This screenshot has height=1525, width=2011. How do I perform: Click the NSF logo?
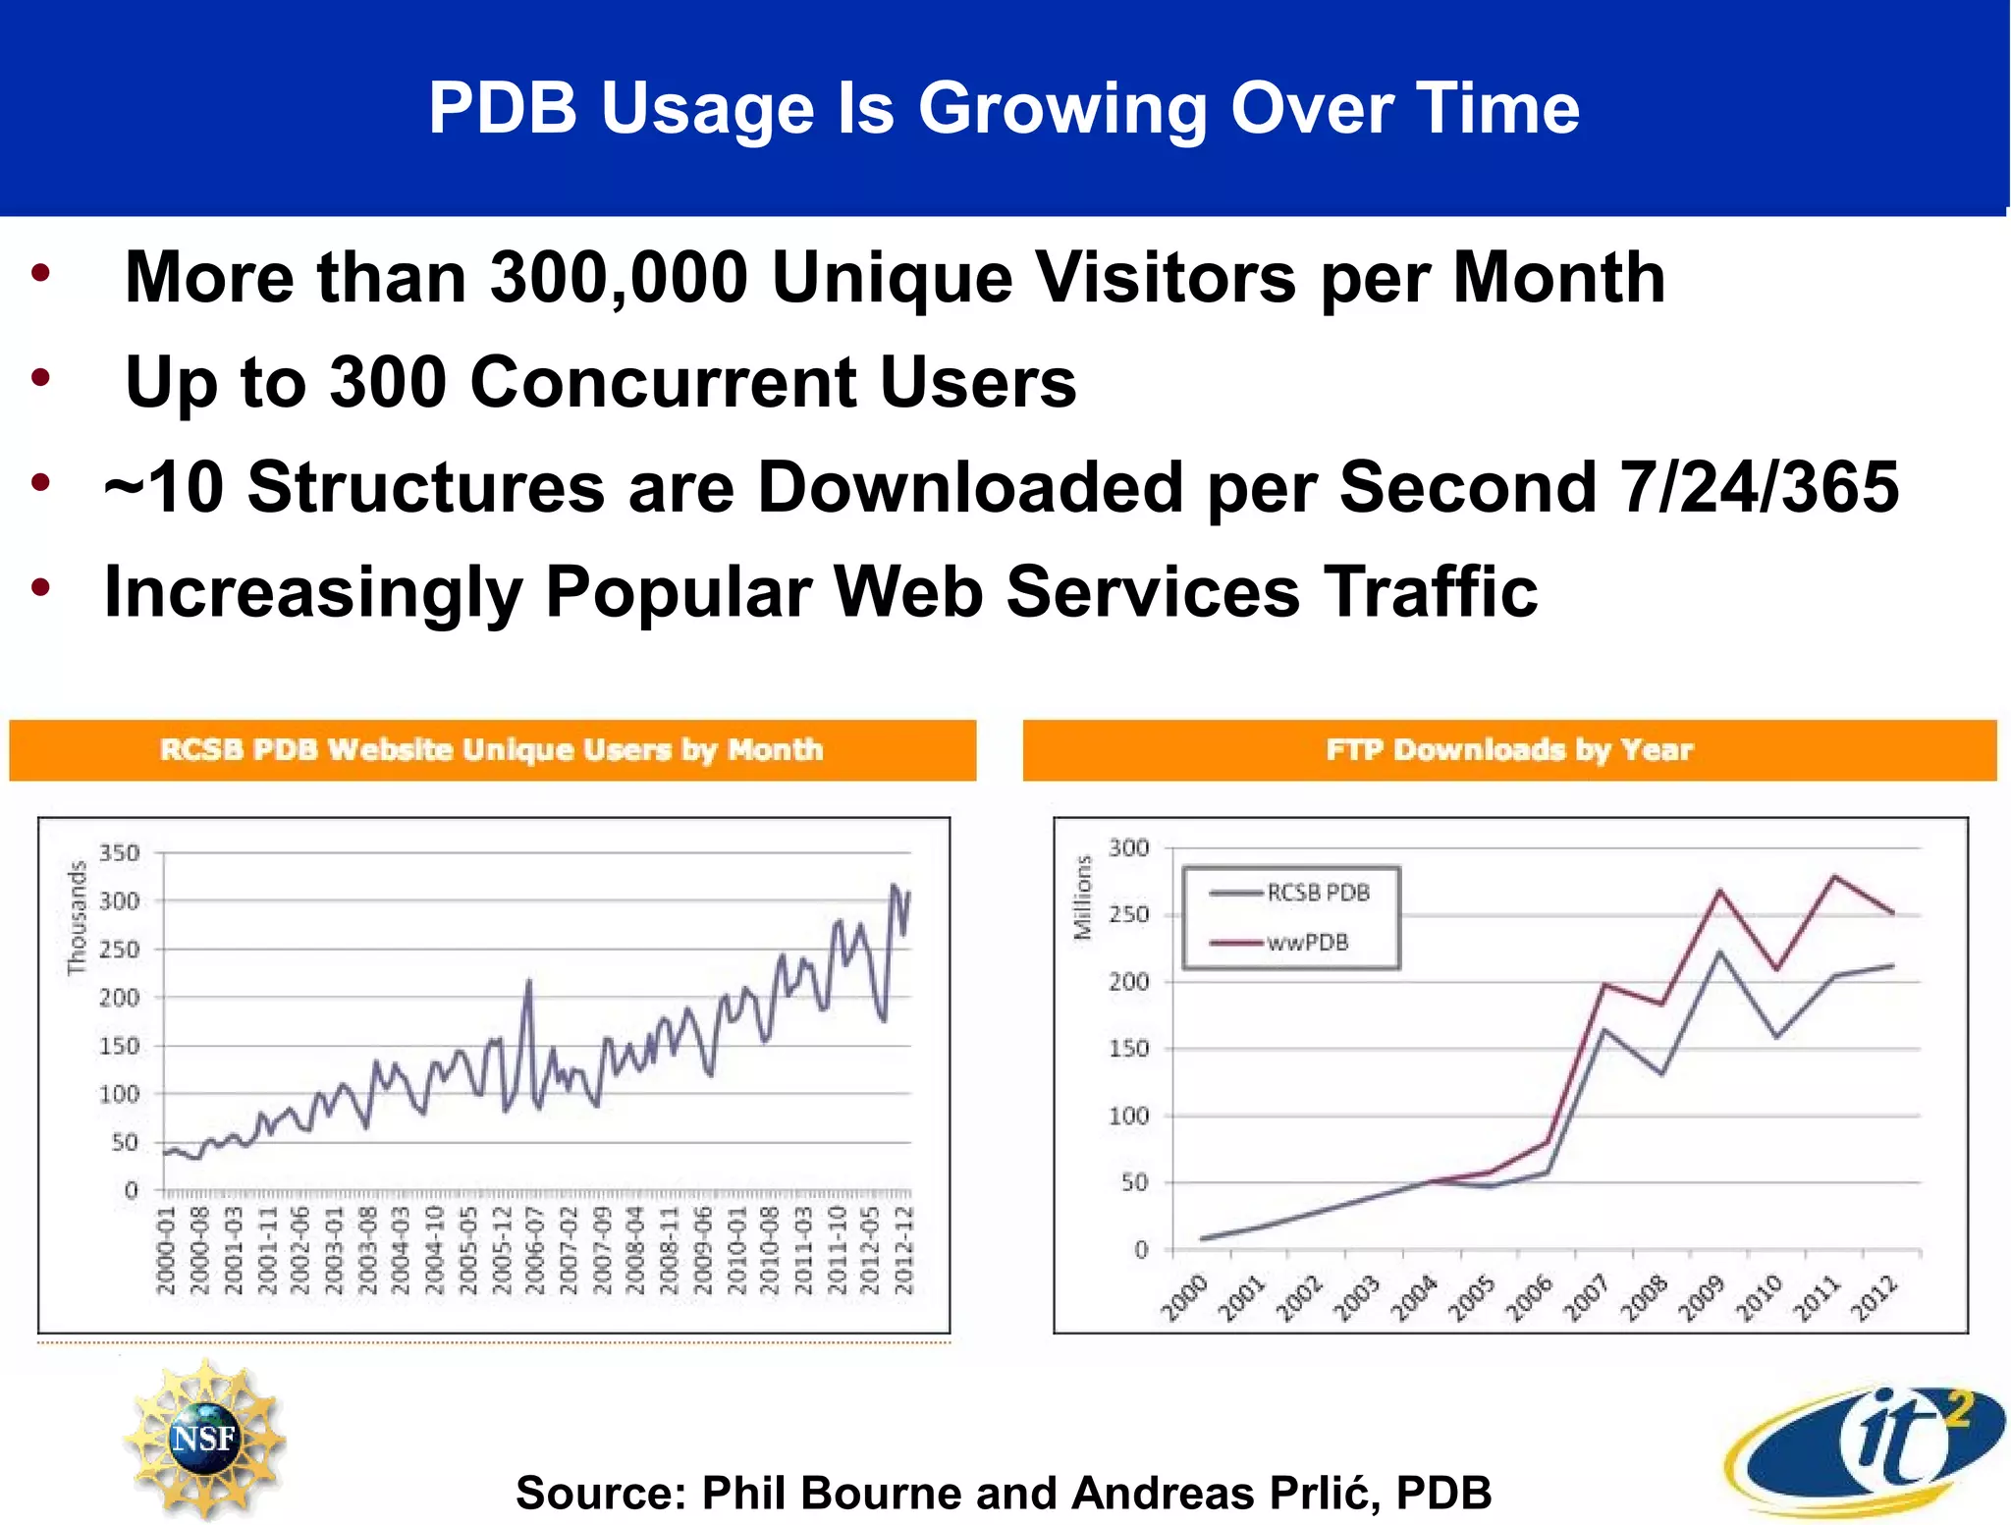point(204,1438)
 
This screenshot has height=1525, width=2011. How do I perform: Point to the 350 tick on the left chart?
point(120,852)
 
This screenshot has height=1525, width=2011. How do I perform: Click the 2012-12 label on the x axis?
point(903,1251)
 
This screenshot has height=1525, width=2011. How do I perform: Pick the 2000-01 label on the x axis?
point(166,1251)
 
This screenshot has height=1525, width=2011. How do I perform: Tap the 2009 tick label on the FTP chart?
point(1702,1298)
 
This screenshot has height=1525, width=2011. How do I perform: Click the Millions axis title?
point(1082,898)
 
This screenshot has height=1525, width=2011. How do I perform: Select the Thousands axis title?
point(77,918)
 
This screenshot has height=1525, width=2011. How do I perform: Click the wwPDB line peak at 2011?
point(1834,876)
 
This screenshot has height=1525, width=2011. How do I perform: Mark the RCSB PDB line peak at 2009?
point(1718,952)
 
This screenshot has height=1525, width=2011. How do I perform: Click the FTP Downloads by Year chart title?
point(1509,750)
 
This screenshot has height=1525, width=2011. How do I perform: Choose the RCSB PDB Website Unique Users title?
point(492,750)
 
